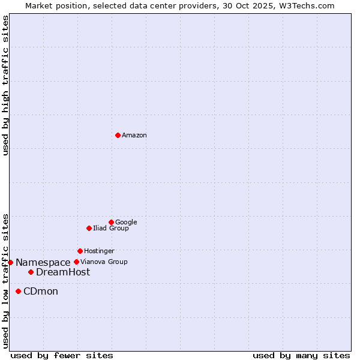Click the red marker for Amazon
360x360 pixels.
(x=118, y=135)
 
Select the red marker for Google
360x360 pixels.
(x=111, y=222)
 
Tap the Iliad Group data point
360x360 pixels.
(x=89, y=228)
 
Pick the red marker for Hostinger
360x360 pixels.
(x=80, y=251)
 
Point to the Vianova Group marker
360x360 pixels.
(x=76, y=262)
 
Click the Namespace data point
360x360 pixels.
(x=10, y=262)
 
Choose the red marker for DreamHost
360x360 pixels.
(x=31, y=272)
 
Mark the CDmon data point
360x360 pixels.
(x=18, y=291)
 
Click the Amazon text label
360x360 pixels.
(x=134, y=136)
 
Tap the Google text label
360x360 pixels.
(x=126, y=223)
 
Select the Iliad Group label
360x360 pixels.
(x=111, y=229)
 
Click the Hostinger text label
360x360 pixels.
(x=99, y=251)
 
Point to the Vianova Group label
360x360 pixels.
(x=104, y=262)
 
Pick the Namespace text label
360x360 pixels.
(x=43, y=263)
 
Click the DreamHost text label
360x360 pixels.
(x=63, y=272)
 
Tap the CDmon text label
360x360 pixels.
(x=41, y=292)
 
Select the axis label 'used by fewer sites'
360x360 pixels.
(x=62, y=355)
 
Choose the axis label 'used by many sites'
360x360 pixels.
(x=301, y=355)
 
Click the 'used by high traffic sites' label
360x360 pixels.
(x=6, y=85)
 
